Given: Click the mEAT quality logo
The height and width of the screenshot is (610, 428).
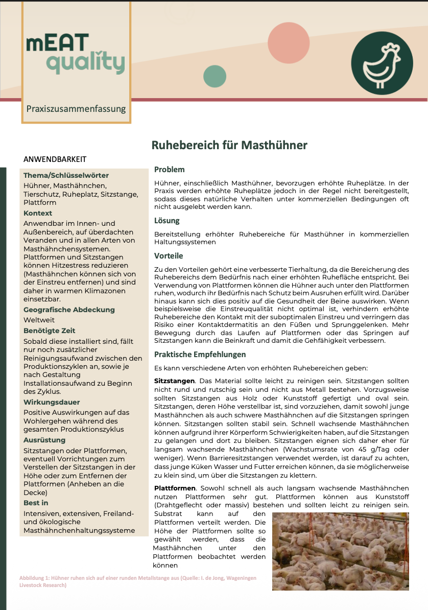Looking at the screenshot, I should [76, 54].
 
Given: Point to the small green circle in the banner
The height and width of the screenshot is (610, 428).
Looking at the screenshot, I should [215, 77].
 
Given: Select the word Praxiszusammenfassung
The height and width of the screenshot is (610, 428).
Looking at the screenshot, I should [76, 108].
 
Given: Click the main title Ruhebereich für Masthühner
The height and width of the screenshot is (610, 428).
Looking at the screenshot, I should [229, 145].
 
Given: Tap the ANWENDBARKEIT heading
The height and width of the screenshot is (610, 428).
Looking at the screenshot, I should [55, 159].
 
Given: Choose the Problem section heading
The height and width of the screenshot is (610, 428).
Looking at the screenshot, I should [170, 170].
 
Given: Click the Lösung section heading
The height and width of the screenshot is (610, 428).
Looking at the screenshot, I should [167, 221].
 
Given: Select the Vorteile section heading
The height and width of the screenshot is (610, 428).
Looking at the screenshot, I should [169, 255].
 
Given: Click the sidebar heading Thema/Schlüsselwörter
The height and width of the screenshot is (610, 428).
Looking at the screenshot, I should [66, 175].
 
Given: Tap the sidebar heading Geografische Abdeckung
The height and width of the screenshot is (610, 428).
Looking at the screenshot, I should [69, 310].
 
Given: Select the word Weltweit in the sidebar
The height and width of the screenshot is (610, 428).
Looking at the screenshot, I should [39, 320].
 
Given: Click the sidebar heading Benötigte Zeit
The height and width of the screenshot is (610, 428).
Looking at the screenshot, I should [49, 331].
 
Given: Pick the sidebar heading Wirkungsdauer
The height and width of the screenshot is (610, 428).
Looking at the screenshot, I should [52, 402].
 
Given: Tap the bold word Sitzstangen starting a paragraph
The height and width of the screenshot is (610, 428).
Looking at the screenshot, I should [174, 381].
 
